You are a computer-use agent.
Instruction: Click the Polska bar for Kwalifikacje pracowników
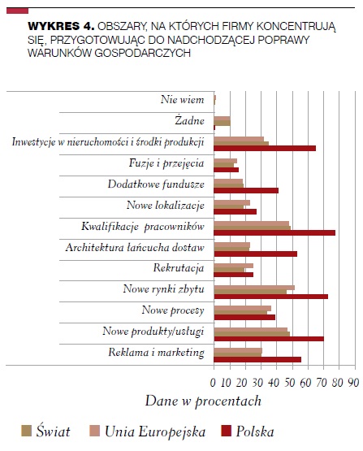coord(274,232)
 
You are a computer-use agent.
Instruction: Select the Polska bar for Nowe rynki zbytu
coord(271,297)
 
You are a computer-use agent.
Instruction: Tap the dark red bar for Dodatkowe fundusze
coord(246,190)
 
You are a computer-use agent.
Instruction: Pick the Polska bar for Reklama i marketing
coord(257,360)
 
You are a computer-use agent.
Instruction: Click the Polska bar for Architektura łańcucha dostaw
coord(256,254)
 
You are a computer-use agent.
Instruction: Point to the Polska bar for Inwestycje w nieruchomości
coord(265,148)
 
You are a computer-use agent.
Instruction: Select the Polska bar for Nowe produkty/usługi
coord(269,339)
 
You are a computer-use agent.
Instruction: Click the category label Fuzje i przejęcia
coord(166,163)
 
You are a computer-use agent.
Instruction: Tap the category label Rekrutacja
coord(179,268)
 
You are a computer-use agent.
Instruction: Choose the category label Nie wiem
coord(182,99)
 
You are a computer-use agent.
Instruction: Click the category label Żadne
coord(189,120)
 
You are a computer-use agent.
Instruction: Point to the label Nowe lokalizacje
coord(166,205)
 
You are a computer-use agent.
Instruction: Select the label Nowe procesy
coord(173,310)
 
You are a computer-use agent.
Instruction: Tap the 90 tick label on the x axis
coord(353,383)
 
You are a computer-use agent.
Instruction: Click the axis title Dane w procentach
coord(203,401)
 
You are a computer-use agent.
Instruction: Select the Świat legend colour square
coord(26,431)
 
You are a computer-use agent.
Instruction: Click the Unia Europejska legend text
coord(155,431)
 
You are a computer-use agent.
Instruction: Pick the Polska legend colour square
coord(226,431)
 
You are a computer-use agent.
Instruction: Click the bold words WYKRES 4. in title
coord(61,26)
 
